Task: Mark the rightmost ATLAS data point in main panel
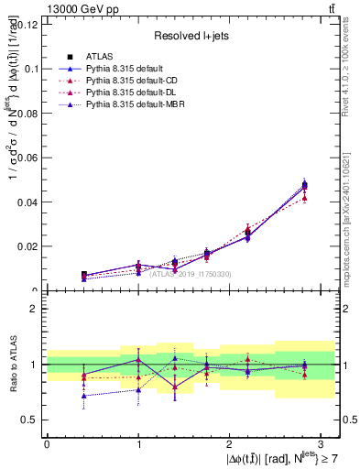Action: [304, 185]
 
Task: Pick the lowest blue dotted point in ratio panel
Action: [84, 396]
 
